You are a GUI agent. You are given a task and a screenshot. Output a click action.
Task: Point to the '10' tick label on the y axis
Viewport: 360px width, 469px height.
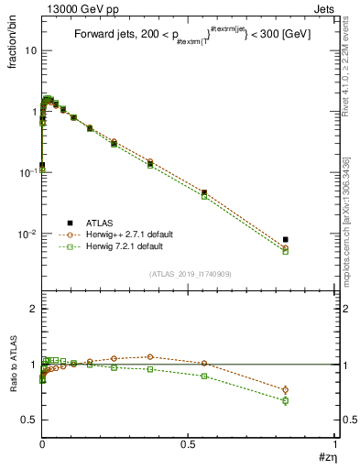[30, 50]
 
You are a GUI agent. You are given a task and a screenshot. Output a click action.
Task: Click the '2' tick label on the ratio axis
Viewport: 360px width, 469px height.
[33, 310]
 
